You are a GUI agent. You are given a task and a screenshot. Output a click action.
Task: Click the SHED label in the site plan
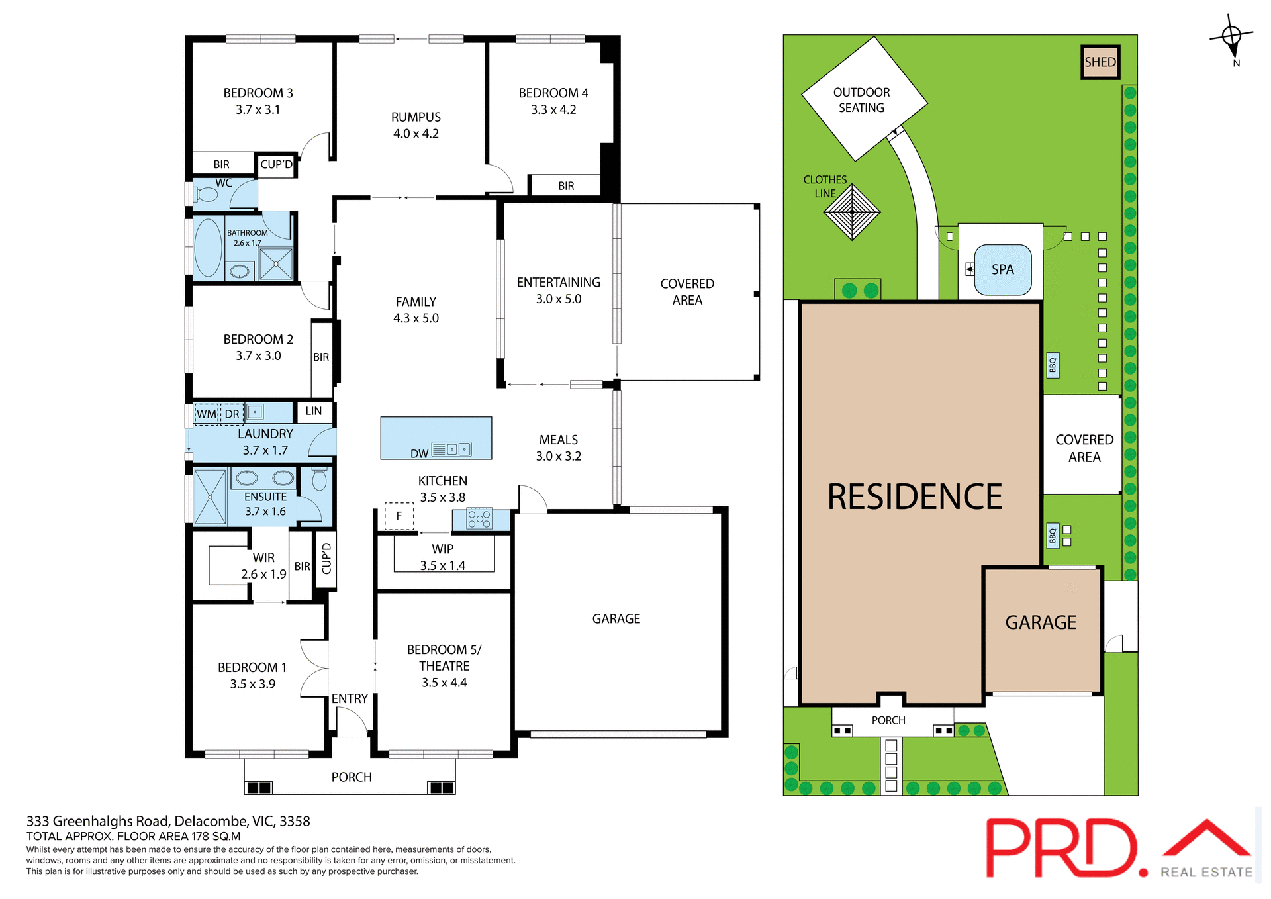click(x=1100, y=62)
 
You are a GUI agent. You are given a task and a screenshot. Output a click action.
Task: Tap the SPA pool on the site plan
click(x=1002, y=269)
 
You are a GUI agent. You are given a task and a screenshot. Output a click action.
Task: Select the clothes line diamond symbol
click(x=851, y=212)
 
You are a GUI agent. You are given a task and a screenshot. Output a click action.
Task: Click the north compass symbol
click(x=1231, y=36)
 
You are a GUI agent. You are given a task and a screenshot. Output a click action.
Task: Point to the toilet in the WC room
click(x=206, y=195)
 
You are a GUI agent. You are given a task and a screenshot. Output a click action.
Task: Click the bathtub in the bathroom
click(x=208, y=248)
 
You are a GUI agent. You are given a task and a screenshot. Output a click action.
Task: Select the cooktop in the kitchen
click(x=479, y=518)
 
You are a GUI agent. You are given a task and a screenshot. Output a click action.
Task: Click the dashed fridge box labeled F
click(x=399, y=516)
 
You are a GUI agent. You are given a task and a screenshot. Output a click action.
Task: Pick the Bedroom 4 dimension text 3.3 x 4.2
click(x=553, y=110)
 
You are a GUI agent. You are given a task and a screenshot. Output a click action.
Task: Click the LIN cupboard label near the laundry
click(x=314, y=411)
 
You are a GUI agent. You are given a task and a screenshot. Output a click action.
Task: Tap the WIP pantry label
click(x=442, y=549)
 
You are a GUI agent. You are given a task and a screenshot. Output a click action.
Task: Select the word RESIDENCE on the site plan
click(x=914, y=497)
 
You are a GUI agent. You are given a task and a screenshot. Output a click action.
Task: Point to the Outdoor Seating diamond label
click(x=861, y=100)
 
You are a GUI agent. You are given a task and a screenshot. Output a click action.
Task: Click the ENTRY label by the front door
click(x=350, y=698)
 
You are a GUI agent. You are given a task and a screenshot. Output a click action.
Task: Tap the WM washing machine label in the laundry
click(x=206, y=414)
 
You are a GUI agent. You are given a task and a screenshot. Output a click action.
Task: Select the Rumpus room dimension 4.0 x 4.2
click(x=416, y=134)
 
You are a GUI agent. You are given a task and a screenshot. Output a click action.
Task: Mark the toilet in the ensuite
click(x=319, y=479)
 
